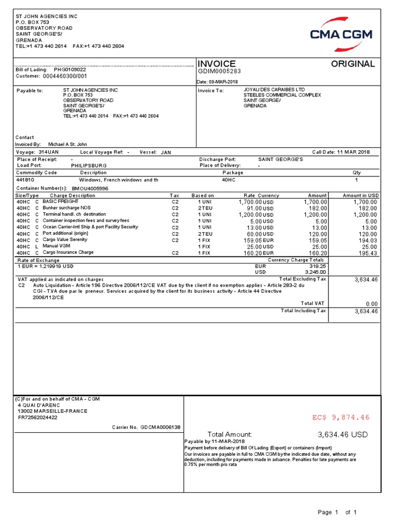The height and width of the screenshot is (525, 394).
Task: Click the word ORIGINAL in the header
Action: pos(352,64)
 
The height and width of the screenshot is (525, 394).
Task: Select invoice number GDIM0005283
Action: pos(219,72)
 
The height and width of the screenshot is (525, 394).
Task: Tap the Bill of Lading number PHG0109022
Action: pos(70,69)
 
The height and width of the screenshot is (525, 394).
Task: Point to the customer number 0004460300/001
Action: pos(66,76)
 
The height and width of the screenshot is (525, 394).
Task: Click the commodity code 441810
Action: pos(25,180)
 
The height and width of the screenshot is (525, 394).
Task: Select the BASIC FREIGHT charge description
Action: pos(61,202)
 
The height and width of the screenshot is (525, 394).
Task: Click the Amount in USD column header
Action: pos(361,195)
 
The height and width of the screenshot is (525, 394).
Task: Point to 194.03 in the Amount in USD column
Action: pos(367,240)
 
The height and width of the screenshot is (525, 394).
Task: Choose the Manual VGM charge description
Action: pos(56,247)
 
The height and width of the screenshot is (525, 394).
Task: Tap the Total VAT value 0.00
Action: pos(370,304)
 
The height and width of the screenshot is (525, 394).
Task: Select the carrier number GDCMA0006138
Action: pos(160,427)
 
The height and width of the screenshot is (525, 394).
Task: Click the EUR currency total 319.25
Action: pos(318,266)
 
